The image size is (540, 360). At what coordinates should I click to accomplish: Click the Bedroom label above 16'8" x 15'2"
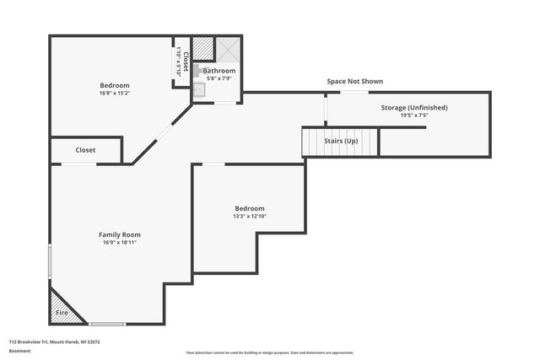pyautogui.click(x=115, y=85)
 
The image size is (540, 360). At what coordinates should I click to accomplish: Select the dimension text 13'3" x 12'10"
pyautogui.click(x=249, y=216)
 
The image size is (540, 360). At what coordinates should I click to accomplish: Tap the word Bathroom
pyautogui.click(x=219, y=71)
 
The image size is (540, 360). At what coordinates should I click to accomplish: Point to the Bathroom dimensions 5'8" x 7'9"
pyautogui.click(x=219, y=78)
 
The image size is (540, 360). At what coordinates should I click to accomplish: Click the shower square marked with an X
pyautogui.click(x=228, y=48)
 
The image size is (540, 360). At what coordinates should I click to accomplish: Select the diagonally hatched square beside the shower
pyautogui.click(x=203, y=48)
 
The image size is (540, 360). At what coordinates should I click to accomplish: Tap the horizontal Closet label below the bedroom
pyautogui.click(x=85, y=150)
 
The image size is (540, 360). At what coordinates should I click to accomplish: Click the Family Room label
pyautogui.click(x=120, y=234)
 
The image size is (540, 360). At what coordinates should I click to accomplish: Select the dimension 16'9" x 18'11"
pyautogui.click(x=120, y=242)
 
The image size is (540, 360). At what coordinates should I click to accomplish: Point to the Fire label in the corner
pyautogui.click(x=62, y=313)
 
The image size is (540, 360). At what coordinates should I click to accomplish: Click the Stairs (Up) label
pyautogui.click(x=341, y=141)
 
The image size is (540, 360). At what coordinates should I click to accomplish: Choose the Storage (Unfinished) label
pyautogui.click(x=413, y=108)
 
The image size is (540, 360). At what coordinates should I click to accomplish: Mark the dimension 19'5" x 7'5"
pyautogui.click(x=413, y=116)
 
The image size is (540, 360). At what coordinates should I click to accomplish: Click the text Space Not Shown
pyautogui.click(x=355, y=82)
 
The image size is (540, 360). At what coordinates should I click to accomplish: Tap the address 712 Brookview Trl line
pyautogui.click(x=55, y=341)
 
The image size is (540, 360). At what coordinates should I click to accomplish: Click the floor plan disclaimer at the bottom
pyautogui.click(x=270, y=352)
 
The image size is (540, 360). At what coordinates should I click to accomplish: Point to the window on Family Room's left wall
pyautogui.click(x=50, y=261)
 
